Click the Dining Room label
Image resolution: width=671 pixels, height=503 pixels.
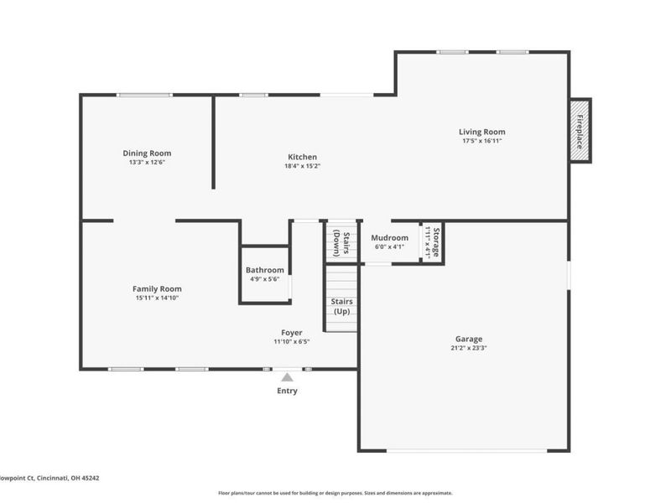147,153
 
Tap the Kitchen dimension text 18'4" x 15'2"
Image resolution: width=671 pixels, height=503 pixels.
302,166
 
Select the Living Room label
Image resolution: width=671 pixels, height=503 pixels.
481,132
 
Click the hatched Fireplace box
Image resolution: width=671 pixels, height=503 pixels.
580,130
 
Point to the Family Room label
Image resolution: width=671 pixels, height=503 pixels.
157,288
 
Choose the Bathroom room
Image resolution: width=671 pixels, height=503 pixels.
265,274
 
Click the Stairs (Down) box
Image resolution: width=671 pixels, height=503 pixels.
341,242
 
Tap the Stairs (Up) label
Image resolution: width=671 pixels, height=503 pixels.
341,306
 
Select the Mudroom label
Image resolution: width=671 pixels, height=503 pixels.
389,237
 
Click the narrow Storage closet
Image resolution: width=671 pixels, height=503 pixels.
431,242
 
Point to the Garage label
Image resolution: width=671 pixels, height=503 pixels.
469,339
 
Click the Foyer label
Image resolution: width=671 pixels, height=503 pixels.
291,332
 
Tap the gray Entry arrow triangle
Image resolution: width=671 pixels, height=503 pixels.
287,377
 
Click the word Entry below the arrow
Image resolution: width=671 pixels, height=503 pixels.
287,391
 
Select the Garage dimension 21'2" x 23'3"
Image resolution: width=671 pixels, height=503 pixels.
469,348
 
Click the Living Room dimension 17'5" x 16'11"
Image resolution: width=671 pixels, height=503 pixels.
481,141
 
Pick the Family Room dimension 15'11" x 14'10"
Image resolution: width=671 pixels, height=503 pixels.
157,298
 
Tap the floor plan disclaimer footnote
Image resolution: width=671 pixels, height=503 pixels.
335,493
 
